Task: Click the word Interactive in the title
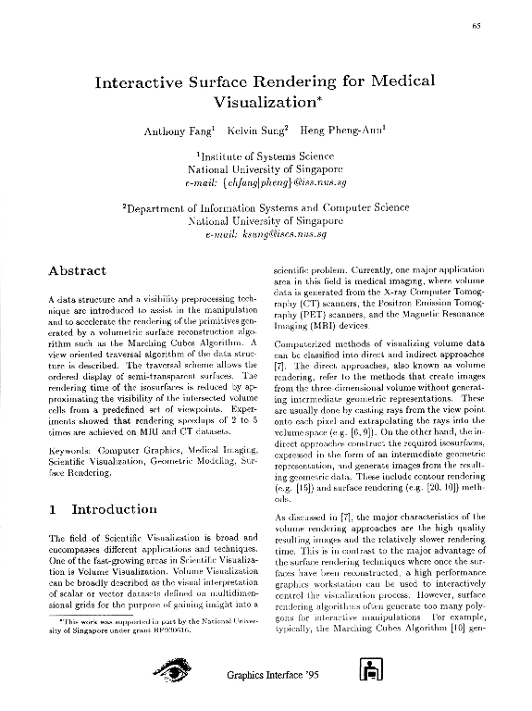153,81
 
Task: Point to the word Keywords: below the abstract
70,450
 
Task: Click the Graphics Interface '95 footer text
269,677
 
